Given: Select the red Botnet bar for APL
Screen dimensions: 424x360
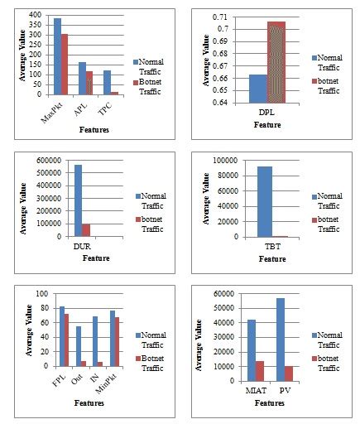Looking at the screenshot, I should [89, 83].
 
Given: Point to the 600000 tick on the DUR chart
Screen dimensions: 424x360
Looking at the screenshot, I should [53, 161].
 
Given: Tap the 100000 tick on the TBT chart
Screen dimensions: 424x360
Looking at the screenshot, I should [228, 160].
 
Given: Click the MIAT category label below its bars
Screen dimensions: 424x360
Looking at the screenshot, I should [256, 388].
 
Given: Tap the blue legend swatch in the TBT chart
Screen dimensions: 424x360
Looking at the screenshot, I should [314, 195].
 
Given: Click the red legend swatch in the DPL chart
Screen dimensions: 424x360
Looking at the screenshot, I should [315, 81].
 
